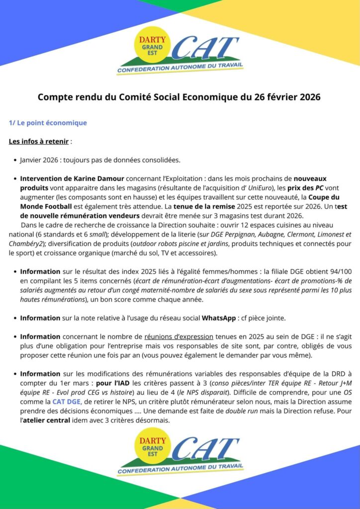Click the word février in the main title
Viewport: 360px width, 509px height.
pos(280,97)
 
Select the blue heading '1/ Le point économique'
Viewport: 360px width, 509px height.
pos(48,123)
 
